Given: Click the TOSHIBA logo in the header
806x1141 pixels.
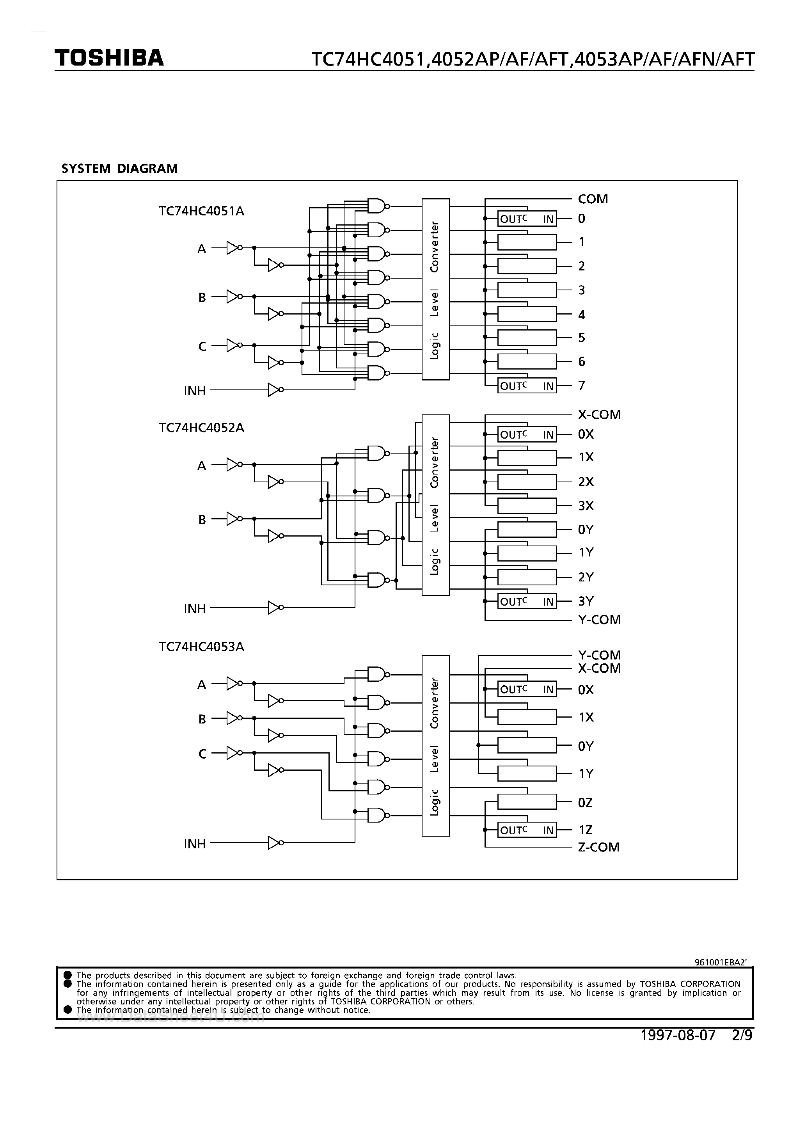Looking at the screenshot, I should pyautogui.click(x=109, y=58).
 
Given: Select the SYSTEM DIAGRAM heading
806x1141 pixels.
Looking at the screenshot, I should pyautogui.click(x=119, y=169).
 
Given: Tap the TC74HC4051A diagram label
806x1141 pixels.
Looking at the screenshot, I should pyautogui.click(x=201, y=211).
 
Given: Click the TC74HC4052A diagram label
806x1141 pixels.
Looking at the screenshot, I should pyautogui.click(x=201, y=428).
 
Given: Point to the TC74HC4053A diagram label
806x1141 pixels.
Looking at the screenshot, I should pyautogui.click(x=201, y=647).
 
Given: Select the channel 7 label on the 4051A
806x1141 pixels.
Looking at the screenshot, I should pyautogui.click(x=581, y=385).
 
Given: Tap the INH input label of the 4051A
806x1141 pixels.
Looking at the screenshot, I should pyautogui.click(x=194, y=391).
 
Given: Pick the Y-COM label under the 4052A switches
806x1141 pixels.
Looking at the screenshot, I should pyautogui.click(x=599, y=620).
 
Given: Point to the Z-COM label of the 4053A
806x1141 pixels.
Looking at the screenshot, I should pyautogui.click(x=598, y=847).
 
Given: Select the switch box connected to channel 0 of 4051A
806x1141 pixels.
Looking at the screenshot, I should pyautogui.click(x=527, y=219).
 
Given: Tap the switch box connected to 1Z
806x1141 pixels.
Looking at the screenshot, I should pyautogui.click(x=527, y=830).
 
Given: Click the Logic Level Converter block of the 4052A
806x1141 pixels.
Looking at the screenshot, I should pyautogui.click(x=435, y=505).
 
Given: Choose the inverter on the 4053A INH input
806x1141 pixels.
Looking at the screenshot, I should pyautogui.click(x=275, y=843).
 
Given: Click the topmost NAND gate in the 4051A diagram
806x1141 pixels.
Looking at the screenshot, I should pyautogui.click(x=377, y=206).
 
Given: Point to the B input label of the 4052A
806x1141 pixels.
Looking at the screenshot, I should pyautogui.click(x=202, y=520).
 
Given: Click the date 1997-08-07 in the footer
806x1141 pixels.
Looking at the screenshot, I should pyautogui.click(x=678, y=1035).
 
